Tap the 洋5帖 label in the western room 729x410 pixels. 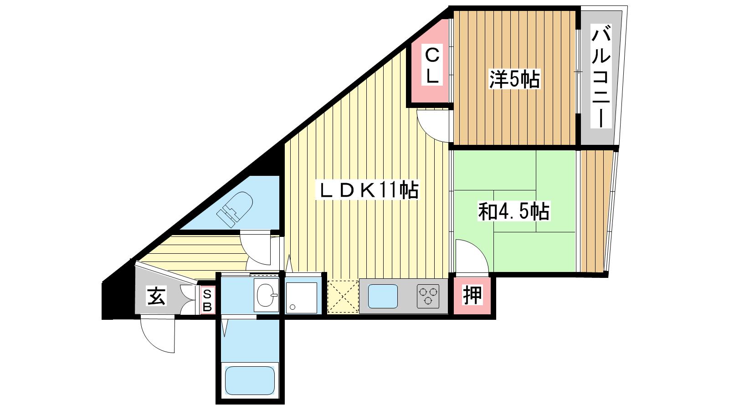(515, 79)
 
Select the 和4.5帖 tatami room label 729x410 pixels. (514, 211)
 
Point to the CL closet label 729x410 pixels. (432, 65)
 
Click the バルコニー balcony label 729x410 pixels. (601, 76)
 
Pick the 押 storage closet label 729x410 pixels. (472, 296)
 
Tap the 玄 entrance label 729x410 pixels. (157, 296)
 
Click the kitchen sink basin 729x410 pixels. (383, 297)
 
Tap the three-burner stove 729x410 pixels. (428, 297)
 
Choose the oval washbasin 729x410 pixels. (266, 295)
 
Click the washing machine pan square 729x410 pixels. (301, 298)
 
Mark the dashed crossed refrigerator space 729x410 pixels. (343, 297)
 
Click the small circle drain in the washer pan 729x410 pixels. (293, 307)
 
